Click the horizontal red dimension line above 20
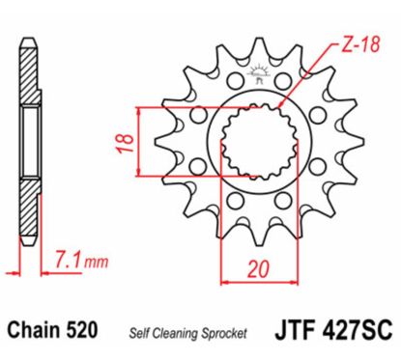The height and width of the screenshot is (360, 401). click(256, 283)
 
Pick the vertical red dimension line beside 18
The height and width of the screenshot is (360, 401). click(142, 143)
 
